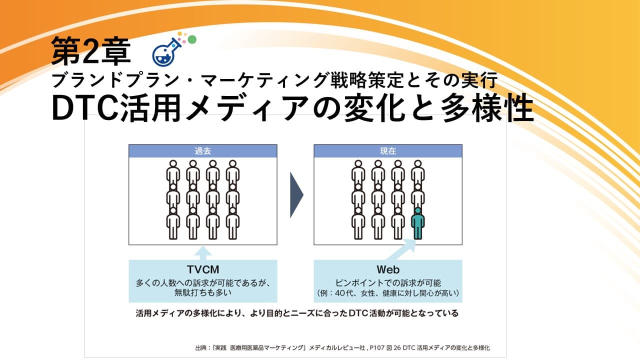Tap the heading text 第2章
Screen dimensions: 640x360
(x=91, y=51)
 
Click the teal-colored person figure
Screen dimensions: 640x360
(x=417, y=223)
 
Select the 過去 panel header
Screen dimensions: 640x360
(x=202, y=151)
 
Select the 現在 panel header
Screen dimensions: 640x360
(x=388, y=151)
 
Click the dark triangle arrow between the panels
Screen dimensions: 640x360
(x=296, y=195)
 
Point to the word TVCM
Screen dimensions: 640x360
(x=203, y=269)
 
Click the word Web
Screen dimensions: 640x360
(x=388, y=269)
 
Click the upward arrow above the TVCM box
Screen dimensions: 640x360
(x=203, y=253)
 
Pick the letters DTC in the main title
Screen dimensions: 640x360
(x=85, y=109)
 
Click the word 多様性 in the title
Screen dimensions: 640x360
(x=487, y=109)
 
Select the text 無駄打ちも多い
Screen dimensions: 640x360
(x=203, y=292)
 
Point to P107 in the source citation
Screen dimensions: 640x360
(x=376, y=348)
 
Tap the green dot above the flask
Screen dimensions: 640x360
(x=192, y=39)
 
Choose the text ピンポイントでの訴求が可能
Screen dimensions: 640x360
(x=388, y=283)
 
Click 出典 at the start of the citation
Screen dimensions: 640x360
(x=200, y=348)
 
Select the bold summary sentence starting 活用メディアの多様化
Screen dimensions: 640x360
(x=297, y=313)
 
